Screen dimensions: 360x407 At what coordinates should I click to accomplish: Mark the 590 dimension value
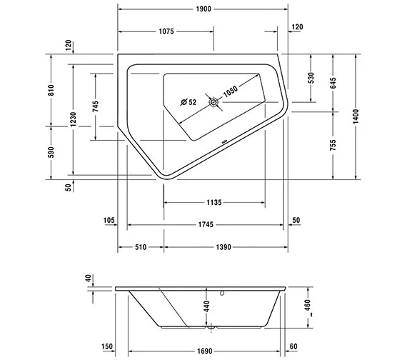coord(51,153)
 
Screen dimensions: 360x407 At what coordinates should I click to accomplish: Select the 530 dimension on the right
coord(311,78)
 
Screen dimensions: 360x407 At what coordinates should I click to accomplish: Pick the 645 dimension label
coord(333,81)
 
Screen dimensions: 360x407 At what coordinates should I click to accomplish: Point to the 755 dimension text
coord(333,145)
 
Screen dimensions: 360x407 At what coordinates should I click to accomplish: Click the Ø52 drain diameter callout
coord(189,102)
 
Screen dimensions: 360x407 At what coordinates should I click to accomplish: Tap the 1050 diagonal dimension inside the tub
coord(229,91)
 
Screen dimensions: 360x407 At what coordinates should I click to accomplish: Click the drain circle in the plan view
coord(212,102)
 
